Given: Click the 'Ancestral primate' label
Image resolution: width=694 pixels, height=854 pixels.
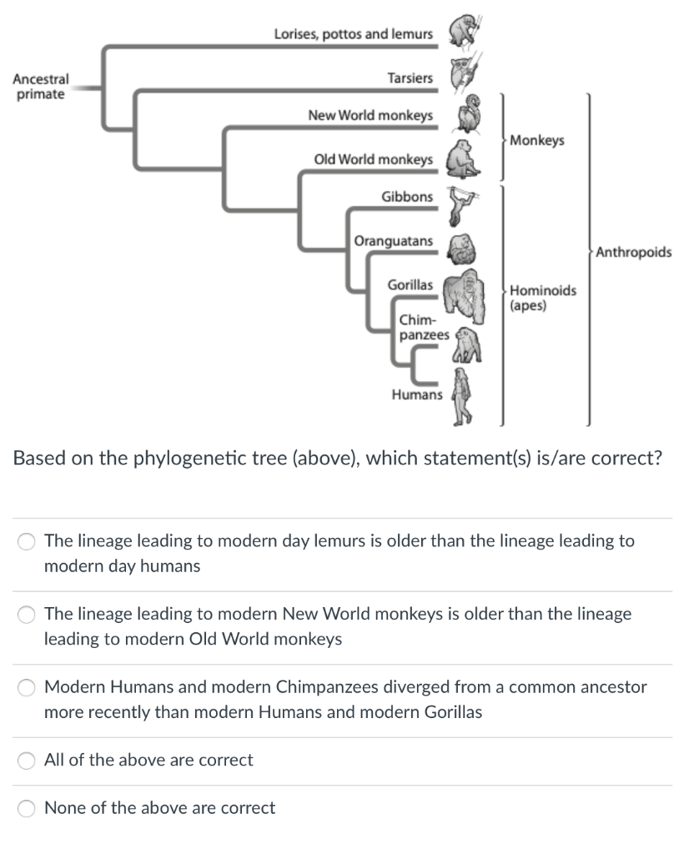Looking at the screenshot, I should coord(39,87).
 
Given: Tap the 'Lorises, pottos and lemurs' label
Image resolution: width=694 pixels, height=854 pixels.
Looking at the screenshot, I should coord(354,34).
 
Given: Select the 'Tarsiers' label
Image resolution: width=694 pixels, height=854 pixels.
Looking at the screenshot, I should coord(410,78).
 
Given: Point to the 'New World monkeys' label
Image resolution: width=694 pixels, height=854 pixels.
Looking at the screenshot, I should coord(370,116).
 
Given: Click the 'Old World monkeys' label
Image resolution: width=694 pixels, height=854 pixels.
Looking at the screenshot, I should coord(373,159).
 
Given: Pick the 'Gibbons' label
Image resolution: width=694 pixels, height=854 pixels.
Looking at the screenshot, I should coord(407,197).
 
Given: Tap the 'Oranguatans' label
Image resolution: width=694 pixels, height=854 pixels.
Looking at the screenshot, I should coord(393,241).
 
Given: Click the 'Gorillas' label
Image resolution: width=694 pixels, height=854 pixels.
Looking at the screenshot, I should coord(410,285).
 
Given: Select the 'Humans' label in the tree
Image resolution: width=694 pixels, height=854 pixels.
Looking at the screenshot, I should coord(417,394).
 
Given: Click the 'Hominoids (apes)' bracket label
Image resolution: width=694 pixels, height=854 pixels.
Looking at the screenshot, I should coord(542,298).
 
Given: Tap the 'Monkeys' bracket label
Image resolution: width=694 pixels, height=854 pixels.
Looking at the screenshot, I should coord(536,140).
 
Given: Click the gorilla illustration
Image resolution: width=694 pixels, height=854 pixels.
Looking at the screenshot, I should coord(464,296).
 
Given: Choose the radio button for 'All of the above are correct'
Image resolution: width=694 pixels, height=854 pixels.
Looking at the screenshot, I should coord(28,760).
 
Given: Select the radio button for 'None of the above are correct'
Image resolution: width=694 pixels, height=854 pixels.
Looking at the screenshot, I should coord(28,808).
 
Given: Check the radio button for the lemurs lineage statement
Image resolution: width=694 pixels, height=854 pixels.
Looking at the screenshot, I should coord(28,542).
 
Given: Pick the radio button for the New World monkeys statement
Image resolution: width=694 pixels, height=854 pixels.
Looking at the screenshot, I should coord(28,615).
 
